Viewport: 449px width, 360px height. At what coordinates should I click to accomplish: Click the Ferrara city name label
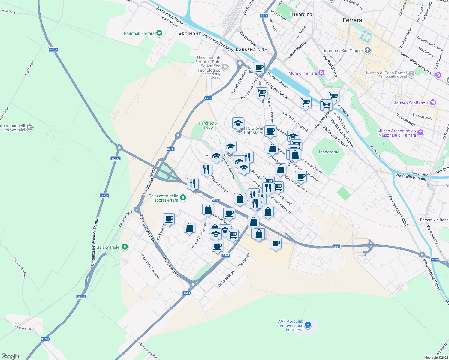click(352, 20)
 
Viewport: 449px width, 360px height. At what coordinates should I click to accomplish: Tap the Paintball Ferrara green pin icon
click(159, 33)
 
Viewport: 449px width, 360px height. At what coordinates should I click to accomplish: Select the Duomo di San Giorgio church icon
click(368, 50)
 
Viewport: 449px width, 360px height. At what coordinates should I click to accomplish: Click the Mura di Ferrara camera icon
click(321, 73)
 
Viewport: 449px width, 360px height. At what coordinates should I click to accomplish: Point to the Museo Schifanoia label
click(411, 103)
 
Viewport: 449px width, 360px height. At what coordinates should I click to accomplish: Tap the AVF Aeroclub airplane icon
click(308, 325)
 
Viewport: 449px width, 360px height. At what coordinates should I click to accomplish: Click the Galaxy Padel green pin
click(125, 247)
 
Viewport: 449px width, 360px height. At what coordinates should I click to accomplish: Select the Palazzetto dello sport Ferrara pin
click(183, 198)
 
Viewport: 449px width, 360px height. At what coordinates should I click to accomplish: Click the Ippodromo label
click(329, 152)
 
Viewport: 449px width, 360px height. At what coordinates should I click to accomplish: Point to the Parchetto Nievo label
click(207, 125)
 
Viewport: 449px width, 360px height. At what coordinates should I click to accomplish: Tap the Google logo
click(10, 356)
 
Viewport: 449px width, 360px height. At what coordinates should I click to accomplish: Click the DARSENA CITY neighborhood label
click(251, 50)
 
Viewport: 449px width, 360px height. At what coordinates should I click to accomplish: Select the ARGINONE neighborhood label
click(190, 34)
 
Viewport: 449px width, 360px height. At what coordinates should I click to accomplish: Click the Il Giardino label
click(301, 14)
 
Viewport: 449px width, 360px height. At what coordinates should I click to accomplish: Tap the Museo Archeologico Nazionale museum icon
click(420, 132)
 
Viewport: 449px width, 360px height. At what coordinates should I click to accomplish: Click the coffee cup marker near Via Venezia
click(169, 219)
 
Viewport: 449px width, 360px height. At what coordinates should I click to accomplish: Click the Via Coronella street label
click(22, 327)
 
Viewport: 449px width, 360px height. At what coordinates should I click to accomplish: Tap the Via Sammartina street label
click(148, 350)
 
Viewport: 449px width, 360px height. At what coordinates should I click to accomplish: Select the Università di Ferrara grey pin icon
click(225, 67)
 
